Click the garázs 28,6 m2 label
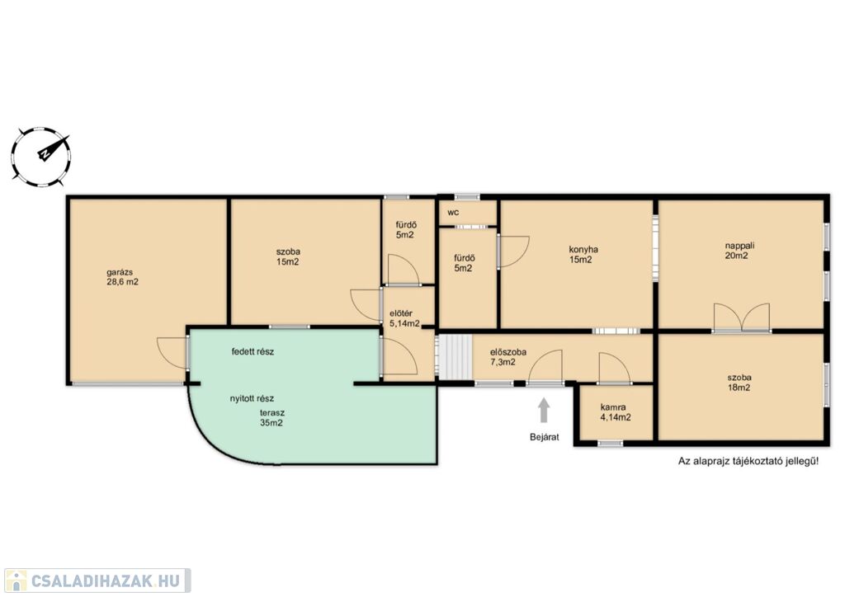coord(122,277)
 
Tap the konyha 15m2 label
coord(583,254)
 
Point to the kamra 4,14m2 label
coord(615,412)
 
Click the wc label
coord(453,213)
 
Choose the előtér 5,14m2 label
coord(404,318)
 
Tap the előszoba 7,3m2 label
coord(507,357)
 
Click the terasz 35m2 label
coord(271,418)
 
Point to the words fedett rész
coord(253,351)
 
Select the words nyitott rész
coord(252,398)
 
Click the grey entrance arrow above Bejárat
coord(545,410)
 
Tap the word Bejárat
coord(545,437)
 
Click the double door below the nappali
coord(742,317)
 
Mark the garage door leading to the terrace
coord(172,353)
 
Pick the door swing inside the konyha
coord(513,251)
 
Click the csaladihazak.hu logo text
coord(105,581)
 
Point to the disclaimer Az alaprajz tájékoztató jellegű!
coord(748,461)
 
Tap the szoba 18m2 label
coord(739,383)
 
